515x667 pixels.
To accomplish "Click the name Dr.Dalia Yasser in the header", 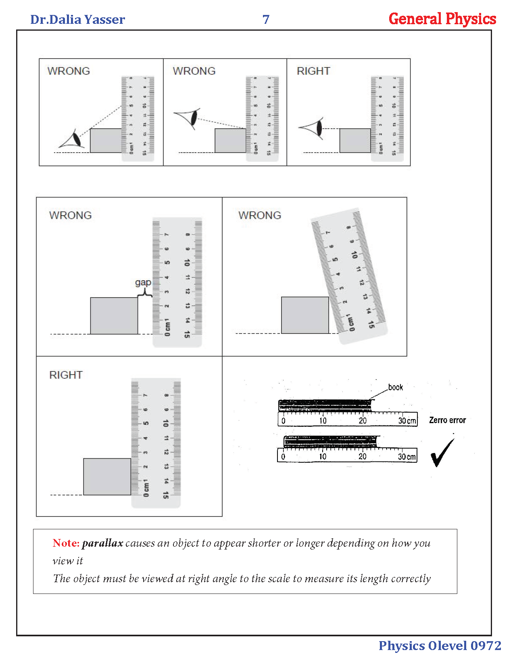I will [x=77, y=19].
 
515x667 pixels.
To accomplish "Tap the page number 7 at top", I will [x=266, y=19].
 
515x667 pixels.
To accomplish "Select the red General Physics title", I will [x=442, y=19].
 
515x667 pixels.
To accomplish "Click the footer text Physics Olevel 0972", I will [x=440, y=646].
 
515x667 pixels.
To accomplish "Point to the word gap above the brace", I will [x=143, y=282].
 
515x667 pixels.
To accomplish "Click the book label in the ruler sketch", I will [x=395, y=387].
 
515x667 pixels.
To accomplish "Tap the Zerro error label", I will [x=447, y=420].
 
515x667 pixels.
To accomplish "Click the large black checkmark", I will [x=442, y=453].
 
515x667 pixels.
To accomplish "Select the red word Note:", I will [x=66, y=543].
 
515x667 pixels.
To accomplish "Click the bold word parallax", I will [x=102, y=543].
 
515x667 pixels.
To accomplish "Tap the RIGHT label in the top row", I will [x=313, y=71].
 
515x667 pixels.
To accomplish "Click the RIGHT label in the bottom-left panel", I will [x=66, y=375].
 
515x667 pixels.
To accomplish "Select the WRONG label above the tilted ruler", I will [x=260, y=215].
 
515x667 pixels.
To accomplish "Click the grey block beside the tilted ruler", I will [x=305, y=315].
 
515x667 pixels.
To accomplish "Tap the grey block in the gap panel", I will [x=114, y=316].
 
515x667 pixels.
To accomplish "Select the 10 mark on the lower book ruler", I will [x=323, y=457].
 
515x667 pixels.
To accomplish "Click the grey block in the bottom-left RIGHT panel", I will [x=107, y=476].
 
